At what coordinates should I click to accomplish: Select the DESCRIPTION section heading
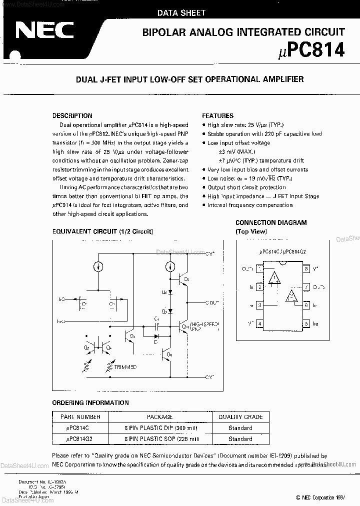[x=72, y=115]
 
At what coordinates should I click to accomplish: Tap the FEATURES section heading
[x=217, y=115]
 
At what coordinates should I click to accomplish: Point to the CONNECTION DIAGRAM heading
[x=271, y=222]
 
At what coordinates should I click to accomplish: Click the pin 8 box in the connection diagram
[x=306, y=269]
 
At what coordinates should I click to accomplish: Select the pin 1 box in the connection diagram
[x=260, y=269]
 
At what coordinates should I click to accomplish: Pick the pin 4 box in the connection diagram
[x=260, y=324]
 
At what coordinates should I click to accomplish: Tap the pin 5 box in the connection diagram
[x=306, y=324]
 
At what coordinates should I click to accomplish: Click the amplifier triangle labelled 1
[x=273, y=278]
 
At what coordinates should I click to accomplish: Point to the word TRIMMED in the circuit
[x=125, y=367]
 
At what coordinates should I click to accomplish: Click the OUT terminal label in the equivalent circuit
[x=212, y=302]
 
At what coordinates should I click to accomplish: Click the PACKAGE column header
[x=159, y=416]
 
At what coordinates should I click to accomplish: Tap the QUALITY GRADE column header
[x=240, y=416]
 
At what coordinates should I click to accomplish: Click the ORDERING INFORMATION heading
[x=90, y=403]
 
